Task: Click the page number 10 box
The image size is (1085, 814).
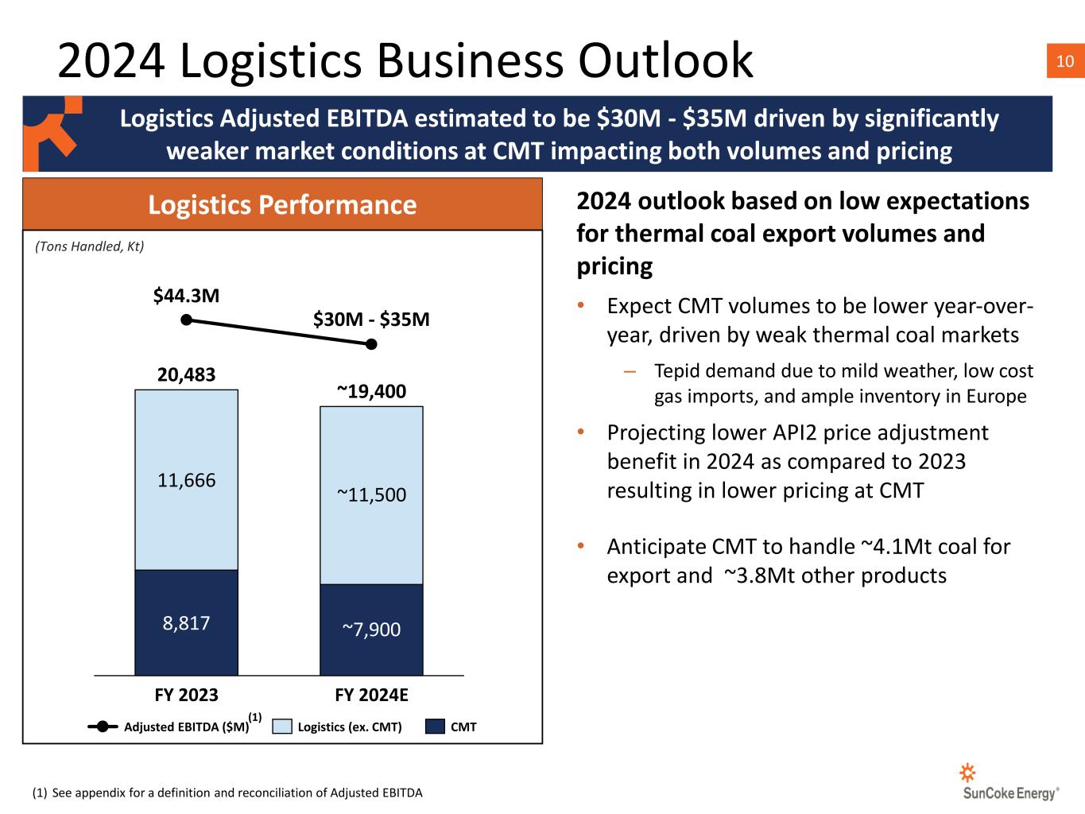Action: tap(1066, 60)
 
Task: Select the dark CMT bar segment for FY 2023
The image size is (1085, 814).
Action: tap(186, 622)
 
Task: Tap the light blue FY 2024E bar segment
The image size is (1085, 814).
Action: tap(371, 495)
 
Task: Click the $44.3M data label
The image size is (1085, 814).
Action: tap(186, 296)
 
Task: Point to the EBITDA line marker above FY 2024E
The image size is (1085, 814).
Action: tap(371, 344)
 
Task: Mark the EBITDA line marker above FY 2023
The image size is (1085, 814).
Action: tap(186, 320)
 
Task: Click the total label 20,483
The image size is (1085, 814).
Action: tap(186, 374)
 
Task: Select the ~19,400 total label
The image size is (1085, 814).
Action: tap(371, 391)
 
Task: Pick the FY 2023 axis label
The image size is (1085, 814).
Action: tap(186, 695)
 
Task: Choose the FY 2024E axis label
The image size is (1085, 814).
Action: tap(371, 695)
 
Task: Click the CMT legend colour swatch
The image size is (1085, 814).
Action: tap(435, 727)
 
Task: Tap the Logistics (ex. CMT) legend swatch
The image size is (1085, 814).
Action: tap(282, 727)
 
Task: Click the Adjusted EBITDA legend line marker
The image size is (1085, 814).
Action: tap(103, 727)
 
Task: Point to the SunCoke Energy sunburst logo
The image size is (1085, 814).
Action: tap(967, 773)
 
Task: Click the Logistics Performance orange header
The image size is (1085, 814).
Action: tap(282, 204)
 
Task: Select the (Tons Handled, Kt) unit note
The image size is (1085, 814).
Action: tap(90, 246)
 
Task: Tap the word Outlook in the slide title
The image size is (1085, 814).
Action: tap(665, 60)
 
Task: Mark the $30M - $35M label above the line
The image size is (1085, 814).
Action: tap(371, 320)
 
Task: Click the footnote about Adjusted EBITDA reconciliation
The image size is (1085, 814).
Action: tap(227, 793)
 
